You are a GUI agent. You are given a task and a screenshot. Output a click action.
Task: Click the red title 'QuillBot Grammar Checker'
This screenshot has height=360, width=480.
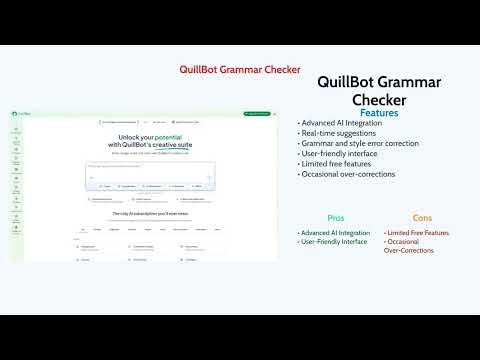240,70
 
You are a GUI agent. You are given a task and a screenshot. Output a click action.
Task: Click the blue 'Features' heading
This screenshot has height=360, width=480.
379,113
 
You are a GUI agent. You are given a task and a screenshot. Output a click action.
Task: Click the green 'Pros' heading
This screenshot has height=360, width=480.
336,217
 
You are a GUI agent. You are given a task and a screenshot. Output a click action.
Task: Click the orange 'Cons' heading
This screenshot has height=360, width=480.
422,217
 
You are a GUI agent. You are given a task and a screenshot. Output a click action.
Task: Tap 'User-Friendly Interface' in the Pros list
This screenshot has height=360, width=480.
335,242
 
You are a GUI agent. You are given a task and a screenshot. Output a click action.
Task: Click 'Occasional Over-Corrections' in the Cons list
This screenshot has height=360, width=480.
410,246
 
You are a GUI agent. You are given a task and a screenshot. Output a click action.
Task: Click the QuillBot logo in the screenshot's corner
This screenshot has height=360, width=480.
19,115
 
